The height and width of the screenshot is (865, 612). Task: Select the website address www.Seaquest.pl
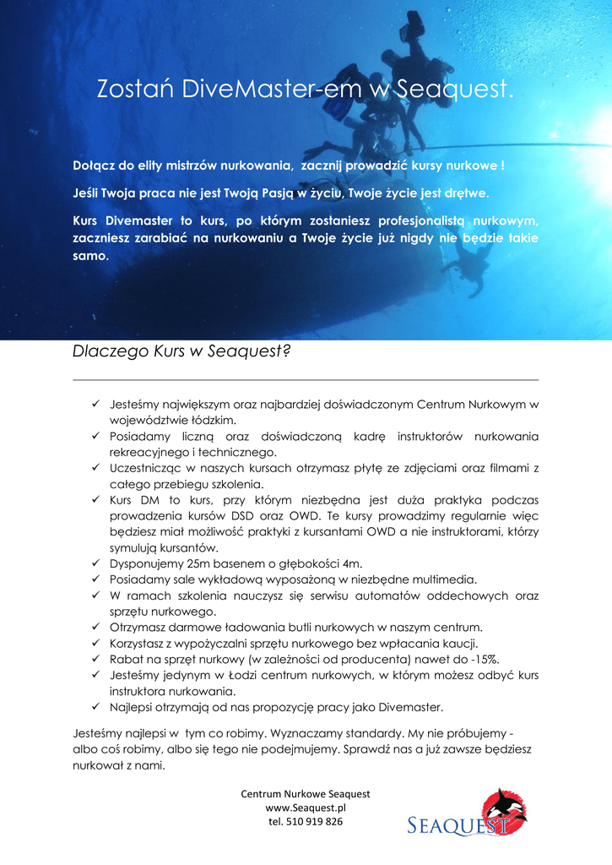[306, 808]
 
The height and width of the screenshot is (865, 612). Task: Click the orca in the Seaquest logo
[505, 808]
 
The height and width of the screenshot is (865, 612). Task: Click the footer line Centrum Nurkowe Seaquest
[306, 794]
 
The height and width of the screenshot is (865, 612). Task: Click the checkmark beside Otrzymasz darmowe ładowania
[96, 627]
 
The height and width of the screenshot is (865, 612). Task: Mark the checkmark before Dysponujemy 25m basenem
[96, 563]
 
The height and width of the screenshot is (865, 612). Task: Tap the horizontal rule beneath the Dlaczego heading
[306, 380]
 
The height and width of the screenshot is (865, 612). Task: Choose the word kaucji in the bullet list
[485, 643]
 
